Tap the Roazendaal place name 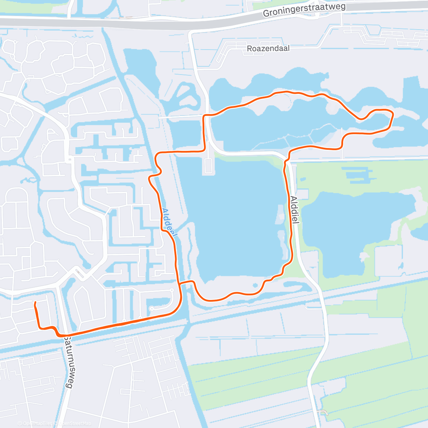[268, 48]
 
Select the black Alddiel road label [294, 210]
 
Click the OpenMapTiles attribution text [37, 423]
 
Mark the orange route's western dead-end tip [35, 303]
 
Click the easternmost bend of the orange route [393, 114]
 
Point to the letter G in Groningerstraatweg [266, 14]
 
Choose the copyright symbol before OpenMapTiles [20, 423]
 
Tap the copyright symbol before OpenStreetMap [55, 423]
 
